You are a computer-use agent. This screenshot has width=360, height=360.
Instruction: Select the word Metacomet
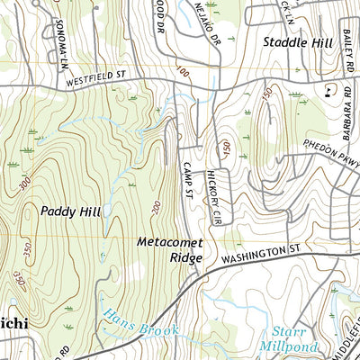170,243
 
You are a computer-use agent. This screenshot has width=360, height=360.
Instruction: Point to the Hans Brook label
139,323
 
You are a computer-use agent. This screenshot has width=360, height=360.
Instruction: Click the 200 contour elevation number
155,209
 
